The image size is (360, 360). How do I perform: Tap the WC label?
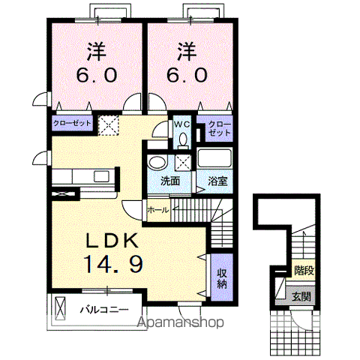pyautogui.click(x=181, y=124)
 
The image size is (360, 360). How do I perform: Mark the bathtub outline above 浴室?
pyautogui.click(x=214, y=160)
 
